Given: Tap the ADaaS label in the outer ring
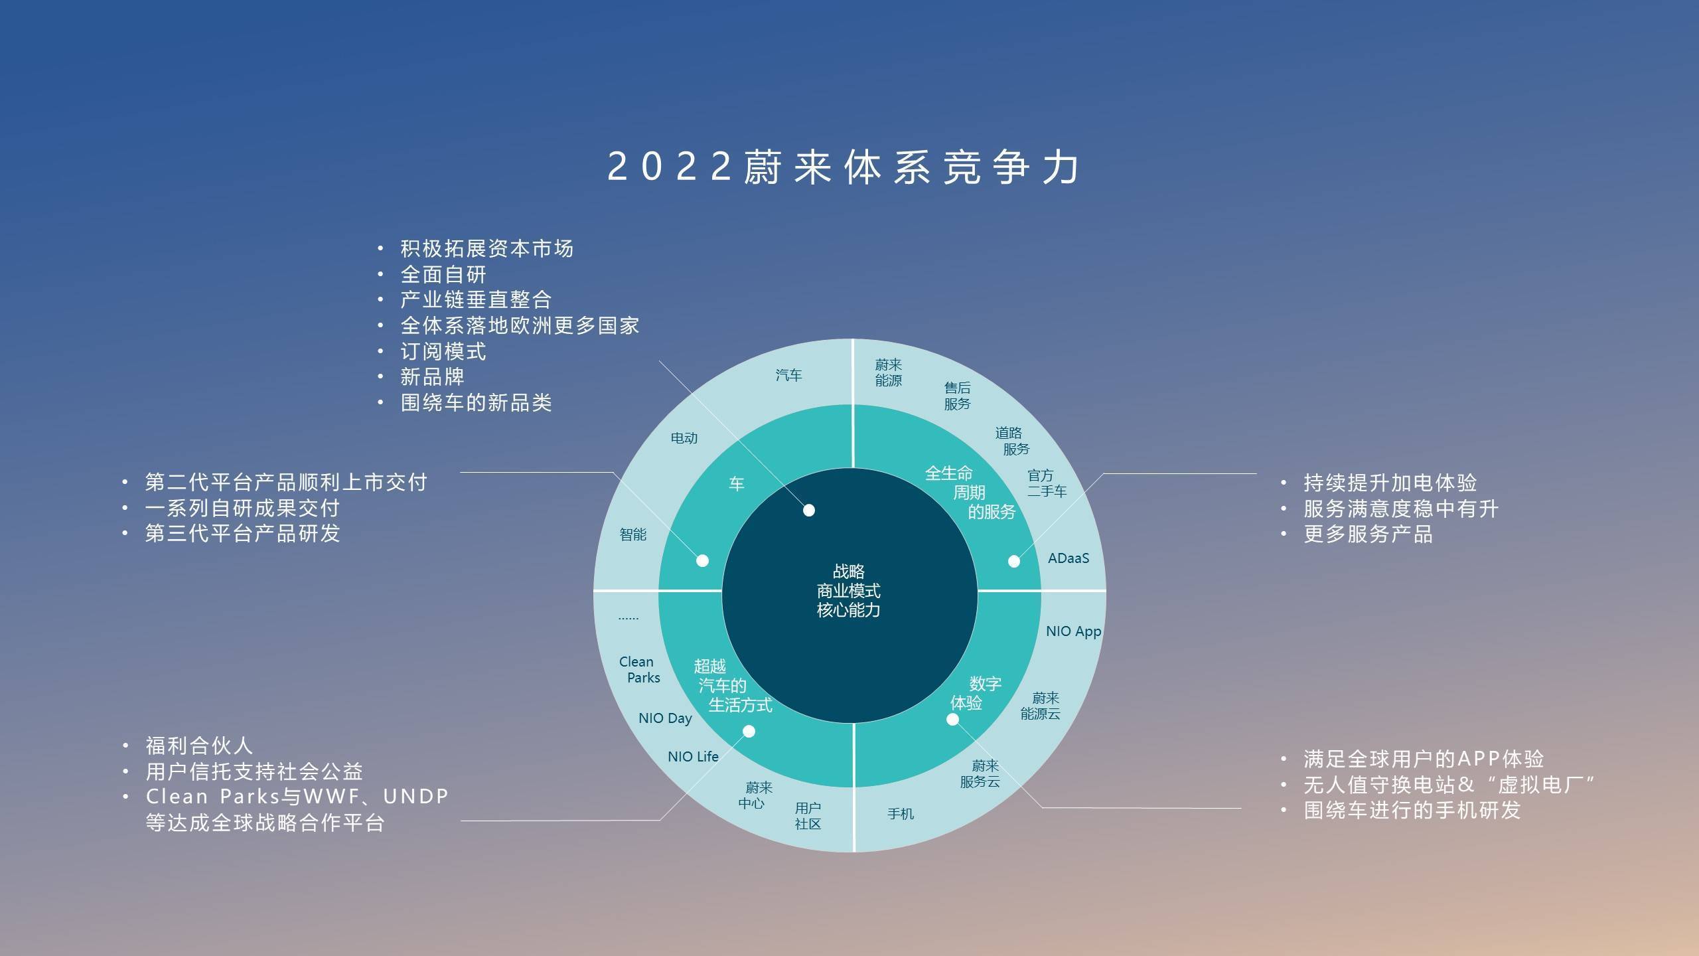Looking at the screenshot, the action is tap(1069, 558).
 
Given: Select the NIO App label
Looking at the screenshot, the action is tap(1074, 631).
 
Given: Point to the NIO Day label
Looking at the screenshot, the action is tap(665, 718).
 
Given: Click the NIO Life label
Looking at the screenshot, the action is tap(693, 757).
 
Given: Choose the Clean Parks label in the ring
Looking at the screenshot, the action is tap(640, 670).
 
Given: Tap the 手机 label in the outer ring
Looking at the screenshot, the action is tap(901, 814).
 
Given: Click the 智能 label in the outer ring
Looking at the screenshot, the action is tap(632, 534).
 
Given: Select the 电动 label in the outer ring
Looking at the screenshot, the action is tap(684, 438).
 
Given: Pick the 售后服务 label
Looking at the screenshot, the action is tap(957, 396).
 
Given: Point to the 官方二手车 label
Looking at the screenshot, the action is tap(1047, 484).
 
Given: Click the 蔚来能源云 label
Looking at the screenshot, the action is tap(1040, 706).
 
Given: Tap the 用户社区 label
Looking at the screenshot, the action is tap(808, 817).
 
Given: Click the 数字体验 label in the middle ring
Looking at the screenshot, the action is tap(976, 693).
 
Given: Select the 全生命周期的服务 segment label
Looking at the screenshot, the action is tap(970, 493).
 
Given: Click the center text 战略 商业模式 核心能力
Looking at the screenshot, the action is tap(849, 591).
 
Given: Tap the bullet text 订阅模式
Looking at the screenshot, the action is tap(443, 352).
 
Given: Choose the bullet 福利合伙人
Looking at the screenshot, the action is tap(199, 746).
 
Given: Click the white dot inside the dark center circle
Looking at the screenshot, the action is tap(809, 511).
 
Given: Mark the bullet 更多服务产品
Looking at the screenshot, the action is tap(1368, 534).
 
